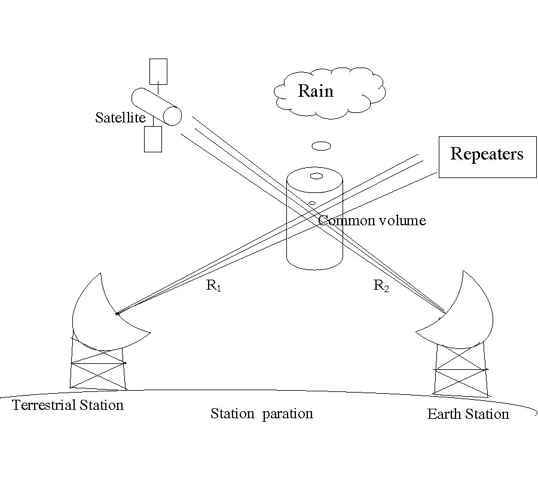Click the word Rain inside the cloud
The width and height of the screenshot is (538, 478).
(316, 91)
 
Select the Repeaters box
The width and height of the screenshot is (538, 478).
(487, 156)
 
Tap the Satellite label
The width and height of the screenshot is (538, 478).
(120, 118)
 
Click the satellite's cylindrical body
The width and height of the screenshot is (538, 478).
(157, 107)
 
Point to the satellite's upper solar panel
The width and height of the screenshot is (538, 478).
(158, 71)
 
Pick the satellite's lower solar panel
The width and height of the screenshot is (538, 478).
(153, 139)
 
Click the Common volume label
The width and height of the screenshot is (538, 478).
(372, 220)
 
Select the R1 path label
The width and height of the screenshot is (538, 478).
(214, 286)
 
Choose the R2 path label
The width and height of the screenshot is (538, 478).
(381, 286)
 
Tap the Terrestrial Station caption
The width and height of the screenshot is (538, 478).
(68, 405)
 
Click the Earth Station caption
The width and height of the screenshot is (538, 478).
(468, 414)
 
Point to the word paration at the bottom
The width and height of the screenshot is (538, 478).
(288, 413)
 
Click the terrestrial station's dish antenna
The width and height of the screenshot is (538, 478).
(102, 314)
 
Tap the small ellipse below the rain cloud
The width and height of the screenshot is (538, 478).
(322, 146)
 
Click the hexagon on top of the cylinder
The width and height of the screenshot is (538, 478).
(316, 176)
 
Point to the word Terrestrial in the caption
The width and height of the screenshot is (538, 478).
(44, 405)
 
